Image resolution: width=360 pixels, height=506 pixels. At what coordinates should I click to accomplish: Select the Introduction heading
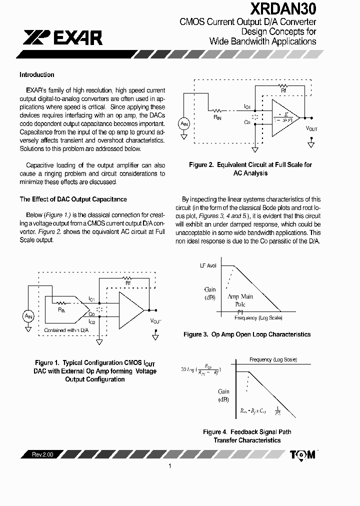click(x=36, y=75)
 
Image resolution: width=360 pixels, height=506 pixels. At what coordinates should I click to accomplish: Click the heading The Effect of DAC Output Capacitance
click(x=73, y=199)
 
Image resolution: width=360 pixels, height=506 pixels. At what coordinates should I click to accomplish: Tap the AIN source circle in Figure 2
click(x=184, y=123)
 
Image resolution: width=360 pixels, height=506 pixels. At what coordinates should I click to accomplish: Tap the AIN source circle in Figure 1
click(x=27, y=315)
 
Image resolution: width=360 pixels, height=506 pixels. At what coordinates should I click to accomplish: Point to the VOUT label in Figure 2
click(x=311, y=128)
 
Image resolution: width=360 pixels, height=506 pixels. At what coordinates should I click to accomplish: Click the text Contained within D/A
click(x=66, y=330)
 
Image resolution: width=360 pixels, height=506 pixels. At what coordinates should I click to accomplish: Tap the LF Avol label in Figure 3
click(x=208, y=265)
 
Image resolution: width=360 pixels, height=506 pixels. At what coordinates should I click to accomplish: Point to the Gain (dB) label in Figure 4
click(x=223, y=395)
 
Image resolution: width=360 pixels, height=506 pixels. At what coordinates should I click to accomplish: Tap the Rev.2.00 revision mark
click(x=42, y=454)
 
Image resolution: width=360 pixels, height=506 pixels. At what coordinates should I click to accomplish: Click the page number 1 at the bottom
click(x=170, y=466)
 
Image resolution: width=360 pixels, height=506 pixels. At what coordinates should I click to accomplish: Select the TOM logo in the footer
click(x=303, y=454)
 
